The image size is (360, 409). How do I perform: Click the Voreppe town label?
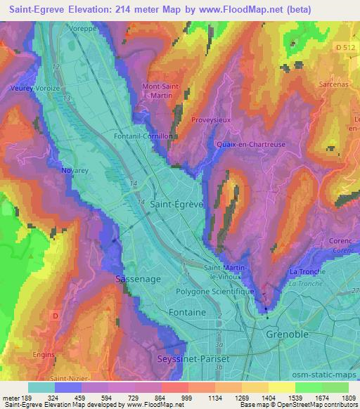83,30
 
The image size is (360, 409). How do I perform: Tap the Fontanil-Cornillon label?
143,137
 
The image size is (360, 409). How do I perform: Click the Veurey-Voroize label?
32,89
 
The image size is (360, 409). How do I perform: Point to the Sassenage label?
138,279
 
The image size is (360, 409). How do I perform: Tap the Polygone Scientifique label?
219,290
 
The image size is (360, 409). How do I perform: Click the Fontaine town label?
188,311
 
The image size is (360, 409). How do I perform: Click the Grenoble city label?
287,335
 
